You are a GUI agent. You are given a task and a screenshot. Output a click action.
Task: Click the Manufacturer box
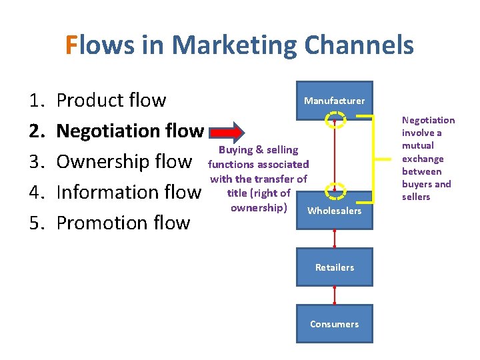(x=334, y=101)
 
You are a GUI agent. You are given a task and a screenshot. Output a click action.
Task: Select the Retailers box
(x=334, y=267)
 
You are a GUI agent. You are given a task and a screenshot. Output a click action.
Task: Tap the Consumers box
(x=334, y=324)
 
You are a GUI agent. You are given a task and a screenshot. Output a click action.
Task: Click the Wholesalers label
(x=334, y=211)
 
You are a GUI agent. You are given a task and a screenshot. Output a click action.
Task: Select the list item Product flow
(x=111, y=101)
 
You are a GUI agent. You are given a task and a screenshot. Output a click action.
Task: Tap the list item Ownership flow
(x=124, y=162)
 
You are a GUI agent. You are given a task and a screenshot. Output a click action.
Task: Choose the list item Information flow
(x=128, y=193)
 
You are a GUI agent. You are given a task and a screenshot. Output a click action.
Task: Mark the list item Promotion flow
(x=123, y=223)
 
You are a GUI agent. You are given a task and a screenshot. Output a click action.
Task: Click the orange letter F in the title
(x=72, y=45)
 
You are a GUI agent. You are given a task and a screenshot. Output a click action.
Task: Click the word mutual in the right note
(x=417, y=145)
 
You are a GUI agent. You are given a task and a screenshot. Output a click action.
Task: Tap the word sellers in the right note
(x=415, y=197)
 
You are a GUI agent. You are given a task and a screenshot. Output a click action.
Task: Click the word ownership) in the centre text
(x=259, y=207)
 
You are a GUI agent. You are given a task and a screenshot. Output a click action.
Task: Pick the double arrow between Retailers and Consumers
(x=334, y=295)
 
